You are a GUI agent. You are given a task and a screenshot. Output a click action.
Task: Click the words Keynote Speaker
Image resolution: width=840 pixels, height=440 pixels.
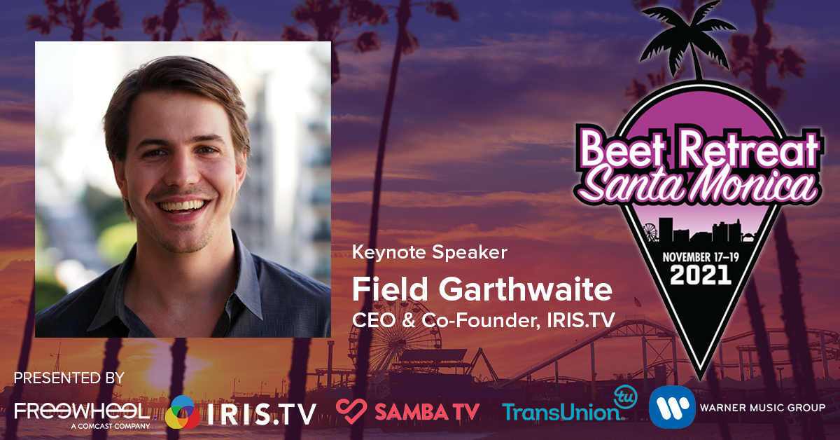(x=430, y=253)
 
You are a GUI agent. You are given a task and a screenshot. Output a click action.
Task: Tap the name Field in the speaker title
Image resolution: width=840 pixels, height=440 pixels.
(x=390, y=289)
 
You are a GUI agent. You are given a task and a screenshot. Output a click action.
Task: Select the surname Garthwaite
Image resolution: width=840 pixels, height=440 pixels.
(x=526, y=289)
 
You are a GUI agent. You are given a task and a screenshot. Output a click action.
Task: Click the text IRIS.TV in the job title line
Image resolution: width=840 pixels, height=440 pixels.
(x=581, y=320)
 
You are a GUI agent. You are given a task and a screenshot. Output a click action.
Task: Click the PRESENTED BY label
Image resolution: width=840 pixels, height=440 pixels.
(x=69, y=378)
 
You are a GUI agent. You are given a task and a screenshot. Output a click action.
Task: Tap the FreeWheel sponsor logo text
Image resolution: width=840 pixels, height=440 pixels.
(x=82, y=411)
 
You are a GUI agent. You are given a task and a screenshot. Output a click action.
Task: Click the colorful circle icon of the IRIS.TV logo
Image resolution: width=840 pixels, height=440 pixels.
(x=183, y=413)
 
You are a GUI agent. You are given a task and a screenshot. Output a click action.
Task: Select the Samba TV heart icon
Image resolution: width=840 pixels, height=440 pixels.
(x=351, y=411)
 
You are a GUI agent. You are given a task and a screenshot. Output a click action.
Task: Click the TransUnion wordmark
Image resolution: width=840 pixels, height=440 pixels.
(x=561, y=412)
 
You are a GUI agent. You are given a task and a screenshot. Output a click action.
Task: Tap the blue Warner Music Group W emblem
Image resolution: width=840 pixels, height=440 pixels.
(x=672, y=407)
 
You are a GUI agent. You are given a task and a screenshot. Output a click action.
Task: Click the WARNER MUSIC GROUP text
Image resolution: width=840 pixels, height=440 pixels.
(x=763, y=407)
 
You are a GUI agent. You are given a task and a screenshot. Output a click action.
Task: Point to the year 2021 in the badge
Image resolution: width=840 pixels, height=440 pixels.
(x=701, y=275)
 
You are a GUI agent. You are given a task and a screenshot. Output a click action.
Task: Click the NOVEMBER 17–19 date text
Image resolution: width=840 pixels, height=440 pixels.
(x=701, y=257)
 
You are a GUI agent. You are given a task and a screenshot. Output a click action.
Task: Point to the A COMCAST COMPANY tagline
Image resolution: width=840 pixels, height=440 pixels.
(x=111, y=426)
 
